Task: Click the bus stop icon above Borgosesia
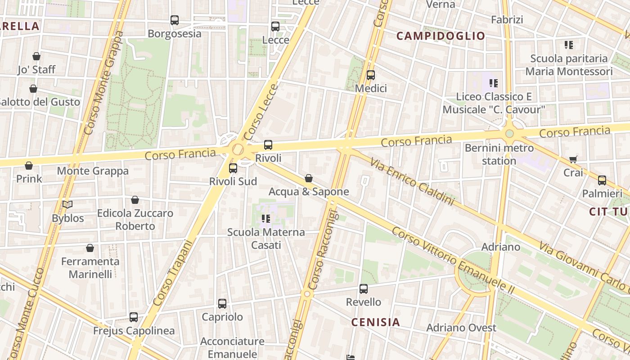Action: coord(175,20)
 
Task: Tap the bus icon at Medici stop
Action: coord(371,75)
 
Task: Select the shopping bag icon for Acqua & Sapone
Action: coord(309,179)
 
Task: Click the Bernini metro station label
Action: coord(499,154)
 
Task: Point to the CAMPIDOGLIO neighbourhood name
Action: coord(441,36)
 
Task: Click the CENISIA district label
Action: coord(375,322)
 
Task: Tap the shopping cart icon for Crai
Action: coord(573,159)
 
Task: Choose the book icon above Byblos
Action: coord(67,205)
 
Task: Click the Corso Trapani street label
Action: coord(172,273)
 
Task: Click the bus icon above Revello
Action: coord(364,289)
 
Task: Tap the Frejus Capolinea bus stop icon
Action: coord(134,317)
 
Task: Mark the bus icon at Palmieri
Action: coord(602,180)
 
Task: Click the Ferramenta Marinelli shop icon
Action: coord(90,248)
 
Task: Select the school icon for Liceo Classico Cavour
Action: coord(494,83)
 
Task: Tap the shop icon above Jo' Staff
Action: coord(36,56)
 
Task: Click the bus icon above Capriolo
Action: coord(222,304)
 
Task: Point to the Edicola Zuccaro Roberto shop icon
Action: coord(135,200)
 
